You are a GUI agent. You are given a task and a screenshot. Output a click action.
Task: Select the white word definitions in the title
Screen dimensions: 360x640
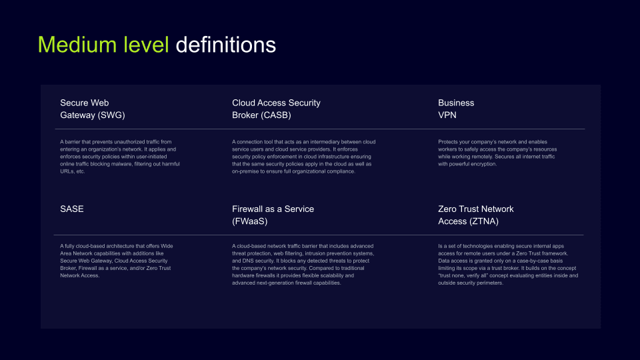pos(225,45)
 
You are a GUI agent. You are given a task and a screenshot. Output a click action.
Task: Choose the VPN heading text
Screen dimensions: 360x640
pos(447,115)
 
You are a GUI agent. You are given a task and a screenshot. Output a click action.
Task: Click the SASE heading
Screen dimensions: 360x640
pos(72,209)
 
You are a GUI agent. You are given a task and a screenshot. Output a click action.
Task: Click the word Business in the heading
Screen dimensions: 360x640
pos(456,103)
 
